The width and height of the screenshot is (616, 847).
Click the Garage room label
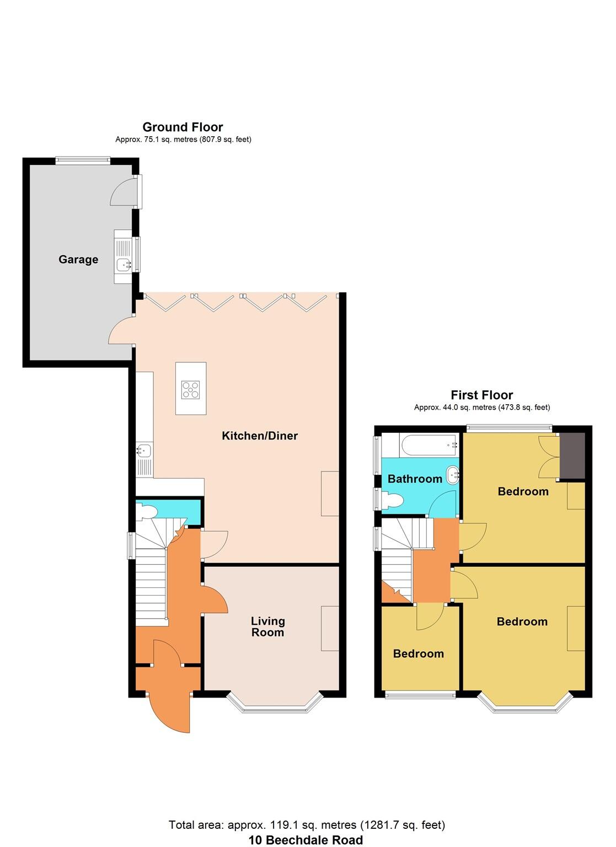[x=78, y=259]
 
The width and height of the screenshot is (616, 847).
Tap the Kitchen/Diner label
[x=259, y=436]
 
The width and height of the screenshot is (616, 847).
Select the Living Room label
[x=268, y=627]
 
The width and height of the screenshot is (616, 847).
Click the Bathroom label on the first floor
[x=415, y=479]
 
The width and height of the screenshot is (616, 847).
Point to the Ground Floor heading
[x=183, y=127]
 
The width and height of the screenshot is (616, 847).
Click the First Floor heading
[x=481, y=395]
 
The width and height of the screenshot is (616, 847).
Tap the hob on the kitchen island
[x=191, y=390]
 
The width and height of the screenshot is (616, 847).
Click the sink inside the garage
[x=123, y=265]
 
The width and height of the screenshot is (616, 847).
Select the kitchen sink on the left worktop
[x=144, y=451]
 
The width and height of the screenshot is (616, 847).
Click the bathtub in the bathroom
[x=429, y=442]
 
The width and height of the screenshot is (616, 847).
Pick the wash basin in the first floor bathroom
[x=453, y=473]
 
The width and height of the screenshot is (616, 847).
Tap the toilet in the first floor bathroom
[x=393, y=500]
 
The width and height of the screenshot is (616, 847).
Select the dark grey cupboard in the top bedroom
[x=572, y=455]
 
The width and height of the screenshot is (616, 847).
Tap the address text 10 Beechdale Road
[x=306, y=840]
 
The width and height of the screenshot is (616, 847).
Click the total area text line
[x=307, y=825]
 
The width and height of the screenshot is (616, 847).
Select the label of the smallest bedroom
[x=418, y=653]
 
